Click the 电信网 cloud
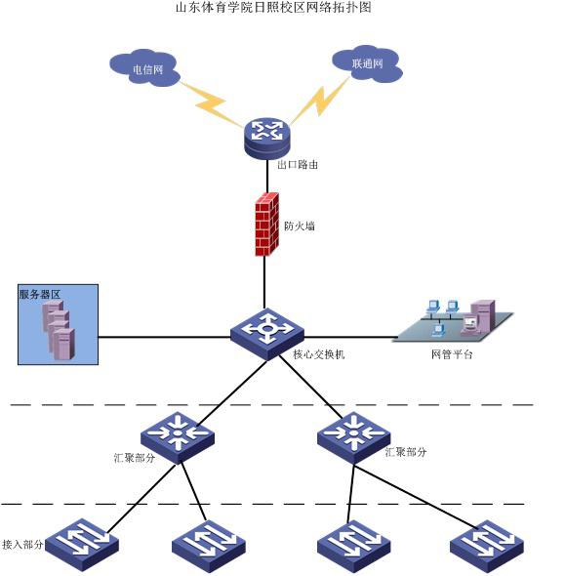pos(144,67)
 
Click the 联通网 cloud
pos(367,63)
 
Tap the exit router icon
pos(267,139)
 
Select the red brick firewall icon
pos(267,225)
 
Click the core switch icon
pos(267,334)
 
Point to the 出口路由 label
pos(298,165)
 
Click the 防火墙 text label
pos(300,226)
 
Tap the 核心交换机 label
pos(319,354)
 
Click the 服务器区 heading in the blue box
pos(40,294)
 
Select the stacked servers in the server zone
pos(59,330)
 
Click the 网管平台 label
pos(452,354)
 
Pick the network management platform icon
pos(454,320)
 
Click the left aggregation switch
pos(178,437)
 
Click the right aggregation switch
pos(353,437)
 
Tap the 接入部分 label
pos(22,545)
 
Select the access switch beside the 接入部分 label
pos(82,545)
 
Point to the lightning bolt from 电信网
pos(212,104)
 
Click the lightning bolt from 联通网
pos(319,101)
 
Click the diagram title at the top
pos(273,8)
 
